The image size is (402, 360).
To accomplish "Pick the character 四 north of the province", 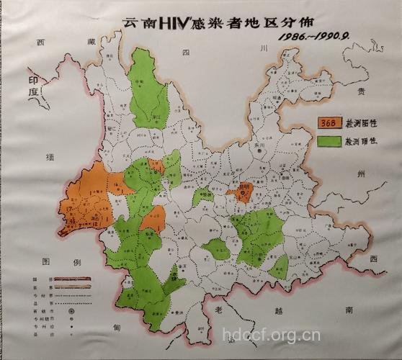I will coord(185,53).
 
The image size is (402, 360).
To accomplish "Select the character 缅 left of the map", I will coord(49,156).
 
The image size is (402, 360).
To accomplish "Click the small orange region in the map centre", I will coord(241,192).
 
